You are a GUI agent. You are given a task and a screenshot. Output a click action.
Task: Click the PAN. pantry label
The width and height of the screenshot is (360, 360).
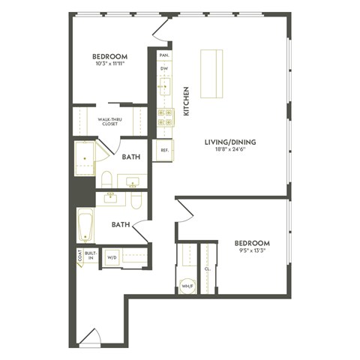point(163,55)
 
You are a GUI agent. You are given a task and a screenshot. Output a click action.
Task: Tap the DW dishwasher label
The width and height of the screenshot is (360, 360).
point(163,69)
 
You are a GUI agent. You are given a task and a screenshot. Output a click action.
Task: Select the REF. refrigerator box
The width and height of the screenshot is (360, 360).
point(163,150)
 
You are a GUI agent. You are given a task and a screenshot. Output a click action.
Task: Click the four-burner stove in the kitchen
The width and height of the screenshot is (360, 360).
point(164,117)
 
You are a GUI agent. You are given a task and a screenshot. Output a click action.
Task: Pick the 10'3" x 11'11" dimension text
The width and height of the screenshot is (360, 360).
point(109,64)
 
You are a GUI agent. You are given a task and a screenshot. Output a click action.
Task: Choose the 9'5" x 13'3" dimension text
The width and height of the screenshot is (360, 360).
point(251,252)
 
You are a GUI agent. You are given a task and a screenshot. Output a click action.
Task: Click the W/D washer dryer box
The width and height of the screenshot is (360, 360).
point(112,256)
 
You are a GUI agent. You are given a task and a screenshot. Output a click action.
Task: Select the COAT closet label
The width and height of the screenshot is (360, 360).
point(79,256)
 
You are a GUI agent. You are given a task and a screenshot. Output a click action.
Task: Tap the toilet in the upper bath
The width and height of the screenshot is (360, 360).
point(106,180)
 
